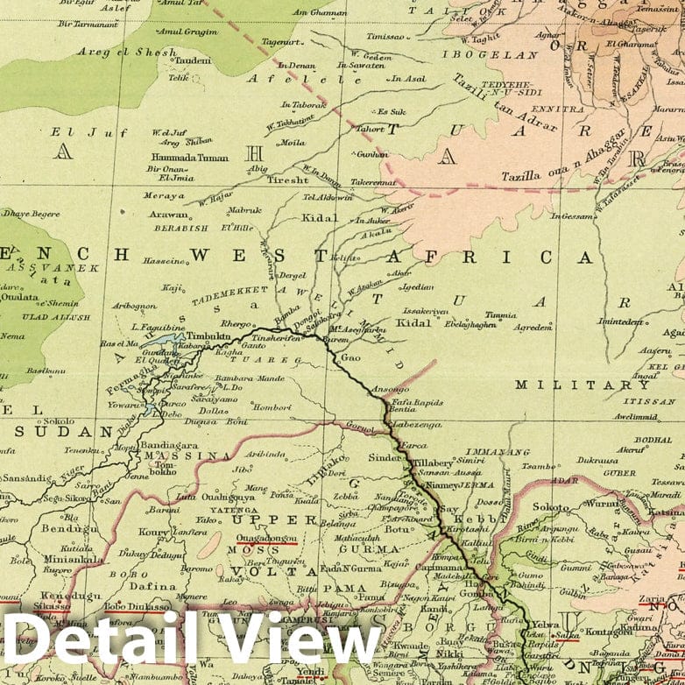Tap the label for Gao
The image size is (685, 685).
(350, 358)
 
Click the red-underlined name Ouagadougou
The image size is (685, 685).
(260, 540)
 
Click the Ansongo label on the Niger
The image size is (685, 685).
(390, 388)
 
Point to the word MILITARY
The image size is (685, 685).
(582, 385)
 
